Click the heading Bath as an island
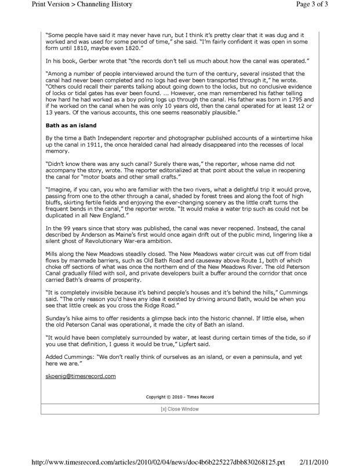(x=71, y=125)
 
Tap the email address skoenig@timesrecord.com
(x=81, y=376)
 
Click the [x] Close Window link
(x=180, y=409)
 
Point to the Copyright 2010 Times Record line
(x=180, y=397)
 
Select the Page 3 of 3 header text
(x=327, y=5)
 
